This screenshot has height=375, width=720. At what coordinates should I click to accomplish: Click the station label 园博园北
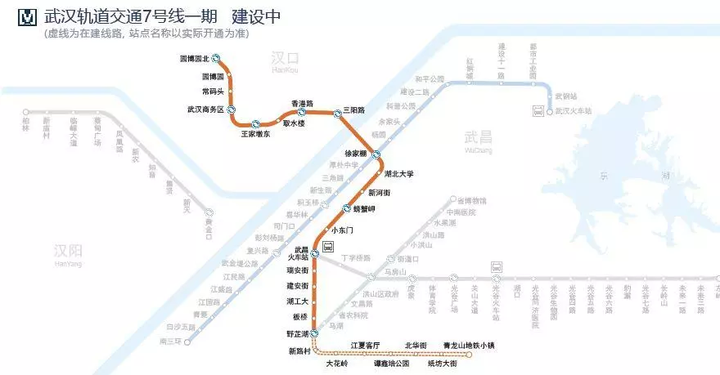[194, 59]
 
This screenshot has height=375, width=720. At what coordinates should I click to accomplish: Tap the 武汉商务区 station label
[205, 109]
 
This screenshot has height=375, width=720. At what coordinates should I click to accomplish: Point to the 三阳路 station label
[353, 109]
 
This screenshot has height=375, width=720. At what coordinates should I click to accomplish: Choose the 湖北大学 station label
[399, 174]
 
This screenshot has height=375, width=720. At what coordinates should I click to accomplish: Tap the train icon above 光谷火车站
[497, 267]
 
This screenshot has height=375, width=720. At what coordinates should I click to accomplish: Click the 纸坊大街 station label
[442, 364]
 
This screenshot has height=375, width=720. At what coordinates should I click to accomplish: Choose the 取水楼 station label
[294, 123]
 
